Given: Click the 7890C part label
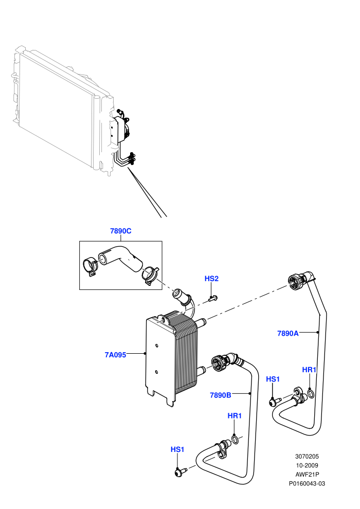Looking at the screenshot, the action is click(x=121, y=231).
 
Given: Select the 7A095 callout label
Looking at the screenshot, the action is click(x=115, y=355).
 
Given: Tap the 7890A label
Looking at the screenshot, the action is click(x=288, y=333).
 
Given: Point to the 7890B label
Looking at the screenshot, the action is click(x=221, y=395).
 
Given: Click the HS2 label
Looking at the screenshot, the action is click(x=212, y=279).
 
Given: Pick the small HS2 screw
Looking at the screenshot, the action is click(x=213, y=298).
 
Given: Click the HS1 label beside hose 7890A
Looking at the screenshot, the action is click(x=273, y=379).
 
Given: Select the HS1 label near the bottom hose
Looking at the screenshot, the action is click(x=177, y=449).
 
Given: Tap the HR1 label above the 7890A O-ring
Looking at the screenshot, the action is click(x=310, y=370).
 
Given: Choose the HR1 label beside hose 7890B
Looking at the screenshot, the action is click(x=235, y=416).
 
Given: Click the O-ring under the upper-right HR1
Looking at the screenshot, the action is click(x=311, y=394).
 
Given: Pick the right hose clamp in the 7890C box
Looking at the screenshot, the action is click(x=150, y=275).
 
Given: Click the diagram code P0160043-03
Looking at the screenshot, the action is click(x=307, y=484).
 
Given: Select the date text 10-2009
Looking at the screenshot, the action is click(x=307, y=465).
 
